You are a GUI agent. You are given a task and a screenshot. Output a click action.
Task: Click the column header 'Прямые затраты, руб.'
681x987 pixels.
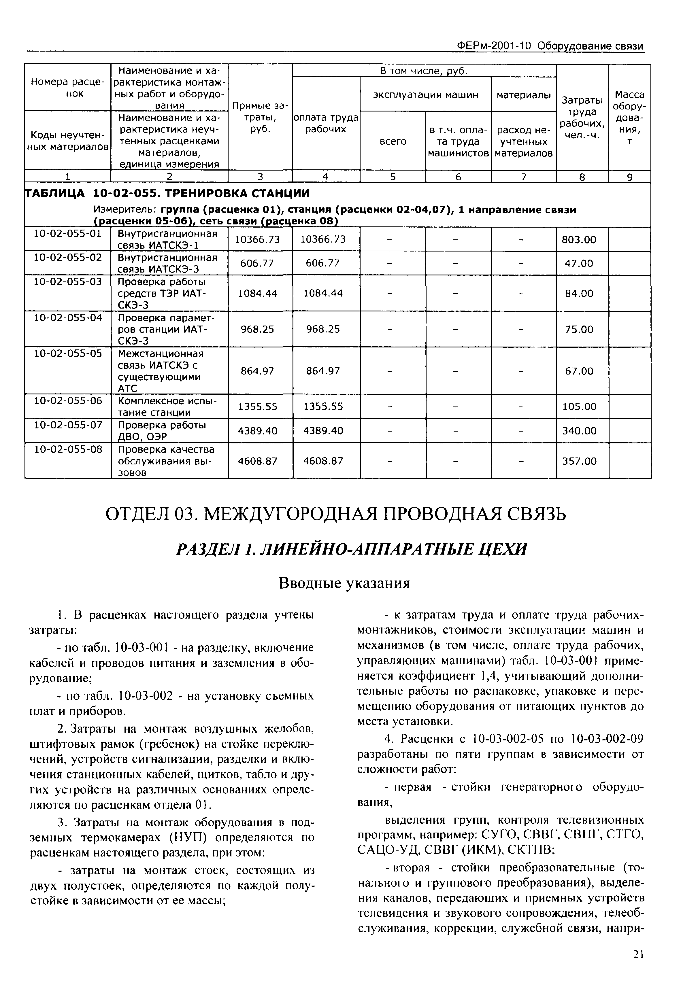260,117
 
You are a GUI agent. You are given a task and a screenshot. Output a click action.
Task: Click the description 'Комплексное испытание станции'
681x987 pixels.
167,406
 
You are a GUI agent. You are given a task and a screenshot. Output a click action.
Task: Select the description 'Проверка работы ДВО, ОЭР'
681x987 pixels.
162,431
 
